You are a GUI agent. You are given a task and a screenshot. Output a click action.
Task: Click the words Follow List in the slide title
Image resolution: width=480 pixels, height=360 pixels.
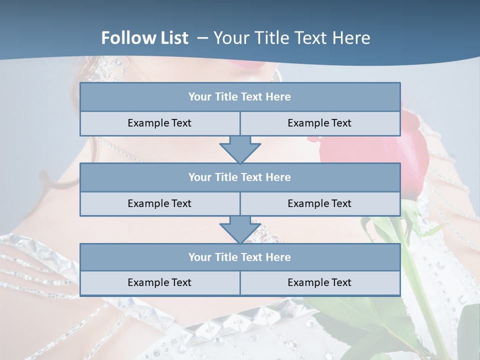(145, 38)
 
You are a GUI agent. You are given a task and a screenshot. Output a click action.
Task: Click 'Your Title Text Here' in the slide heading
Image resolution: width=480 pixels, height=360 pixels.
(291, 38)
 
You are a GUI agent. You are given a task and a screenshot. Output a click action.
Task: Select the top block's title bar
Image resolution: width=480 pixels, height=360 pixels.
(240, 97)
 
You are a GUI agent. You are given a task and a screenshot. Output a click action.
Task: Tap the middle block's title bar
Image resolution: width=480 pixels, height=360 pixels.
(240, 177)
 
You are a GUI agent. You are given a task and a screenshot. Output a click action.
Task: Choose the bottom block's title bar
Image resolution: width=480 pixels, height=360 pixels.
(240, 257)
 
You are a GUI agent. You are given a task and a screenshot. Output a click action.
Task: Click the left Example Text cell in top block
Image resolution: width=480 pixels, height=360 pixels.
(159, 123)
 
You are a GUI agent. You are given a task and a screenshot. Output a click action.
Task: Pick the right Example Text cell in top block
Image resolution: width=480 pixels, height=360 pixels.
(319, 123)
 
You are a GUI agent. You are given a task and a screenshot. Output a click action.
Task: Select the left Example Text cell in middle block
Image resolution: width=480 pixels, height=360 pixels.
(159, 204)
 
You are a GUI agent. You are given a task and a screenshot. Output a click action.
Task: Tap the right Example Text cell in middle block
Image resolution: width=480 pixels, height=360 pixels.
(319, 204)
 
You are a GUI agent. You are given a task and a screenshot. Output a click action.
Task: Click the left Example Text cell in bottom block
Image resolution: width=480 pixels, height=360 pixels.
(159, 283)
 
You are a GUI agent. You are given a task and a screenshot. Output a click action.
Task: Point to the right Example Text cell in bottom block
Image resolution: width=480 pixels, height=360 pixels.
(319, 283)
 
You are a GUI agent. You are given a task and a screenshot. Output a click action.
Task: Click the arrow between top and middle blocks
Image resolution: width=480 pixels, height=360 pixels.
(240, 149)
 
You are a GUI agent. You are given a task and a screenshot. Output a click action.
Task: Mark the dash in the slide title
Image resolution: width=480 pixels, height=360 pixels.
(203, 38)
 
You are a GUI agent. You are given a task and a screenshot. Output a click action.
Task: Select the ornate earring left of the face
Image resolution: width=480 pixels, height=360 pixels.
(112, 70)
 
